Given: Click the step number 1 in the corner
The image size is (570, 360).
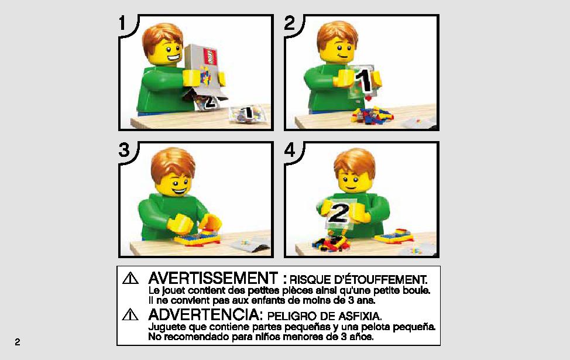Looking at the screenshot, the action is (122, 23).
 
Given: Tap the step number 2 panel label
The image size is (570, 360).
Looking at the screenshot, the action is (289, 23).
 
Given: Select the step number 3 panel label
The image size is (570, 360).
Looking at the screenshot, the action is (124, 150).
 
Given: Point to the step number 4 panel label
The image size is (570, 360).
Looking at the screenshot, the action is (290, 150).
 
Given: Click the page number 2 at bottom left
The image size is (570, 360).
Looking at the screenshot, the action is (18, 342).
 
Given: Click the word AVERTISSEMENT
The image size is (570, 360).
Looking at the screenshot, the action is (213, 279).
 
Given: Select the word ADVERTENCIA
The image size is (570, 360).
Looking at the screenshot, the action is (205, 314).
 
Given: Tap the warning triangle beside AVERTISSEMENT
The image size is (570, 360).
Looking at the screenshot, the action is (130, 279).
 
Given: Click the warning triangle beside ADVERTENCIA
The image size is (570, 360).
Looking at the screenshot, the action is (130, 314).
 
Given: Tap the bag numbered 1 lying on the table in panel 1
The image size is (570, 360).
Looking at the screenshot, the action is (247, 114).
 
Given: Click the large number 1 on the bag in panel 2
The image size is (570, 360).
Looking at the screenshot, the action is (363, 81).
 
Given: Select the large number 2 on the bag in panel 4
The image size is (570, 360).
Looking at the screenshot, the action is (338, 213).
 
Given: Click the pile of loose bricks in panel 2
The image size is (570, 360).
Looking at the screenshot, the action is (372, 114).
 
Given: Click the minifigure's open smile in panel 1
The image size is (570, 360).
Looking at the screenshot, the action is (173, 57).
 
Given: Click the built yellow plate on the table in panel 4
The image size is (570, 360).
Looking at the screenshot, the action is (394, 236).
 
